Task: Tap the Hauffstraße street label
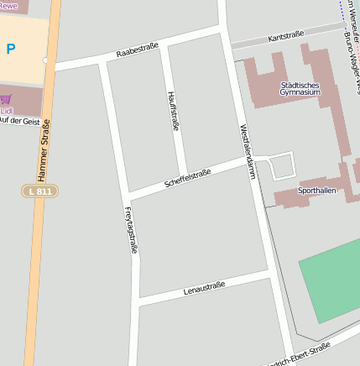tap(172, 109)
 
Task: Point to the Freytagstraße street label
tap(130, 229)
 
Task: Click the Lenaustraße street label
tap(204, 290)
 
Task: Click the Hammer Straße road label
tap(45, 151)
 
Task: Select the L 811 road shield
tap(39, 191)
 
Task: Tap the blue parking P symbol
tap(11, 50)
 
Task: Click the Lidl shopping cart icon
tap(7, 99)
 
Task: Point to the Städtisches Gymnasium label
tap(300, 88)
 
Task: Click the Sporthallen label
tap(317, 191)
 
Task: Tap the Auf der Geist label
tap(20, 121)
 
